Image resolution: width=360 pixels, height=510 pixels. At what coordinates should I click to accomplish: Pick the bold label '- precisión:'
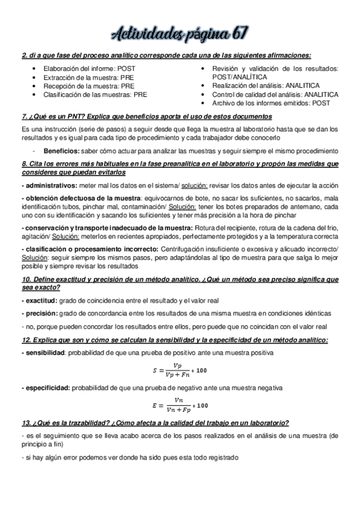[x=40, y=313]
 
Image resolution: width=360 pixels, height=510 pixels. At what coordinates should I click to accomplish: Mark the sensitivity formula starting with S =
[x=180, y=370]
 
